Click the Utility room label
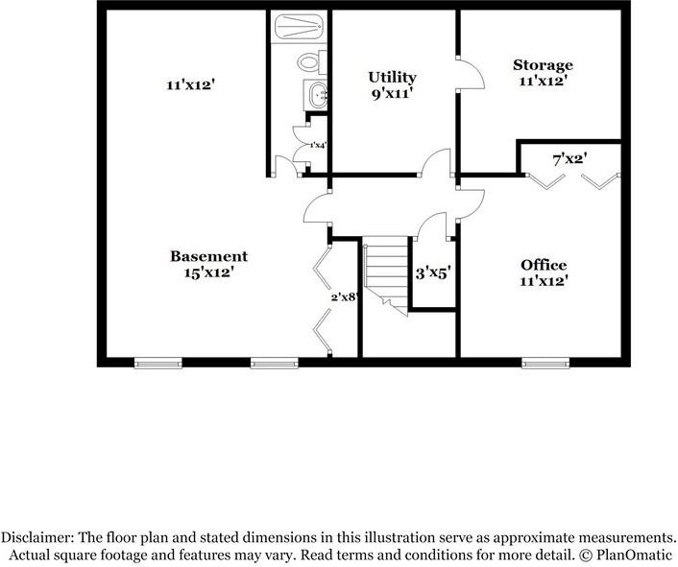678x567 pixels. pyautogui.click(x=393, y=76)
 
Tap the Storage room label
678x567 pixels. pyautogui.click(x=543, y=65)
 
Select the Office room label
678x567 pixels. pyautogui.click(x=544, y=265)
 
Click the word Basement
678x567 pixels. pyautogui.click(x=208, y=256)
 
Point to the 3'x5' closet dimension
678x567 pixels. pyautogui.click(x=432, y=272)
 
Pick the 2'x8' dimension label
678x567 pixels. pyautogui.click(x=344, y=297)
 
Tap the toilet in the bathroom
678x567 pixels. pyautogui.click(x=308, y=62)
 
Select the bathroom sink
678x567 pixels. pyautogui.click(x=317, y=94)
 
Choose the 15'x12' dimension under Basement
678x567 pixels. pyautogui.click(x=208, y=272)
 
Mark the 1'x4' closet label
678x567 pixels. pyautogui.click(x=317, y=146)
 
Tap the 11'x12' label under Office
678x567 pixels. pyautogui.click(x=544, y=282)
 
